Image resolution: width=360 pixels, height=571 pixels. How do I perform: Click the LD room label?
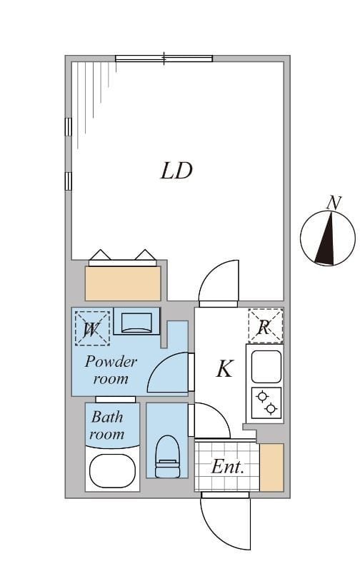pyautogui.click(x=176, y=171)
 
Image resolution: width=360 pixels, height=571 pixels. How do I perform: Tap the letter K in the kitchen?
pyautogui.click(x=224, y=369)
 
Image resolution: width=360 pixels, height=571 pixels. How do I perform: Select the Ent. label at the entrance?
pyautogui.click(x=228, y=468)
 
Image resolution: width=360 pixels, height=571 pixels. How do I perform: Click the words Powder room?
pyautogui.click(x=111, y=370)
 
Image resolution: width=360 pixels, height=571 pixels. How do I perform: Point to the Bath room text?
pyautogui.click(x=106, y=425)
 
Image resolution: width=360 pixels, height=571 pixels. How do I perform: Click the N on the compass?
pyautogui.click(x=333, y=203)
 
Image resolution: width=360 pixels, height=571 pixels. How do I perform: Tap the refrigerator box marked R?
pyautogui.click(x=265, y=326)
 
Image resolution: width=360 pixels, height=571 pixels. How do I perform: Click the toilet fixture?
pyautogui.click(x=166, y=457)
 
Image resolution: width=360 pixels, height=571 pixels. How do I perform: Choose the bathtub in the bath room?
pyautogui.click(x=112, y=470)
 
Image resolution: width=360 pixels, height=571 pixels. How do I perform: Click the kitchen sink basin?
pyautogui.click(x=265, y=365)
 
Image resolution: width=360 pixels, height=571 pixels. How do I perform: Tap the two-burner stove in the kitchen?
pyautogui.click(x=265, y=402)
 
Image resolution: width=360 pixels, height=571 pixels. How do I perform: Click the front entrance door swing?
pyautogui.click(x=225, y=521)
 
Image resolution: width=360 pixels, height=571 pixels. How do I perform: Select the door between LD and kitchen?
pyautogui.click(x=219, y=282)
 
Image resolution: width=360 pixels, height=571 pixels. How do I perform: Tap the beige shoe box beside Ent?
pyautogui.click(x=271, y=468)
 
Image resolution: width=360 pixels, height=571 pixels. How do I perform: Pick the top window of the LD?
pyautogui.click(x=164, y=59)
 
